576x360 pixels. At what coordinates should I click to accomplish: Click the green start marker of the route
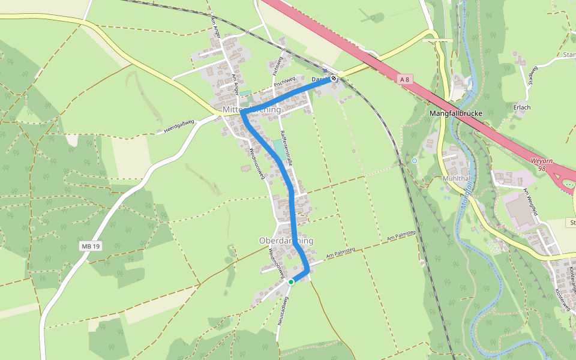point(291,281)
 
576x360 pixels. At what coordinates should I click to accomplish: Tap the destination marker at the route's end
point(334,79)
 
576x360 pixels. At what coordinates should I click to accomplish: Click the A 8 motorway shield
point(405,79)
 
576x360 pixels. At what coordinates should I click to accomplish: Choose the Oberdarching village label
point(286,241)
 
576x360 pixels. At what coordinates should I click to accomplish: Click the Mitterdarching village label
point(251,110)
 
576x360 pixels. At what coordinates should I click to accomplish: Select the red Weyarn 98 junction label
point(542,165)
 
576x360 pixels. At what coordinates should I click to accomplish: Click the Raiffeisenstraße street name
point(286,148)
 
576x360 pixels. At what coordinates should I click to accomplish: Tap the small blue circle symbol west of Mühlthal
point(415,161)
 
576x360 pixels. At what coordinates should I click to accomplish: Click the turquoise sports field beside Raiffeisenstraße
point(280,149)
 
